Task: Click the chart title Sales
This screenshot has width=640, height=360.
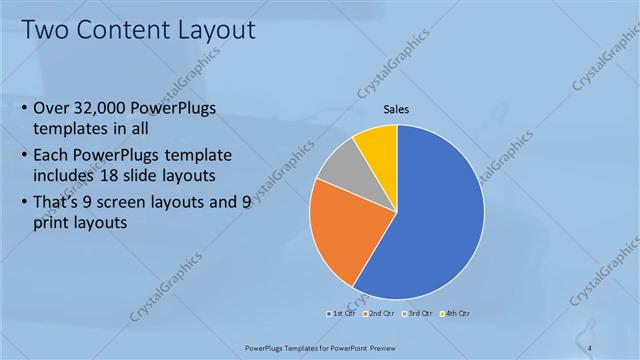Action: point(398,110)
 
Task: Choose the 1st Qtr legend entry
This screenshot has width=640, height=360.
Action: point(342,313)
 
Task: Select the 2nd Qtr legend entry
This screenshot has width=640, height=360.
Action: point(378,313)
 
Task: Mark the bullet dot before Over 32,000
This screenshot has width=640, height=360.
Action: point(24,108)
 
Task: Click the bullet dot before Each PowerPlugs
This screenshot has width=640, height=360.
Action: point(24,156)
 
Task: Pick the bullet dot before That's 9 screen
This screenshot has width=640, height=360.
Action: point(24,201)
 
